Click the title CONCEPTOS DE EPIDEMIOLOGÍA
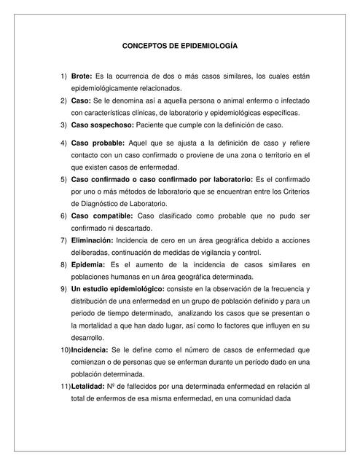coord(179,45)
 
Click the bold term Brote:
coord(82,76)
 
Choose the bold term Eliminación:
coord(92,240)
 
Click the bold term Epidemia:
coord(88,265)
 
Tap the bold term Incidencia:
coord(91,350)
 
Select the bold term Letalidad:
coord(89,387)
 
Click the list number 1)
coord(63,76)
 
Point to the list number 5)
coord(63,179)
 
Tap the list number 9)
coord(63,289)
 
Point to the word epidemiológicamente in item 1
coord(110,88)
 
